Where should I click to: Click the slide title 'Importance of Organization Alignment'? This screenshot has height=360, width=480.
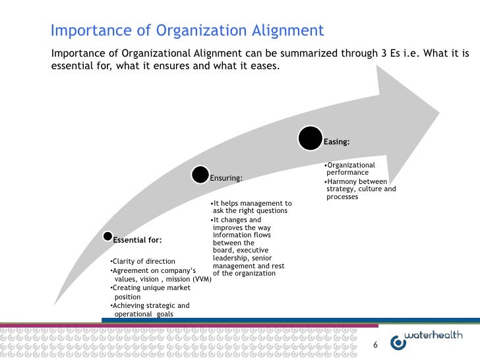[187, 31]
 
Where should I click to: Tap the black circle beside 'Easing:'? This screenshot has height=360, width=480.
[311, 138]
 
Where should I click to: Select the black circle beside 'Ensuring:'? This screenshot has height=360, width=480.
[200, 175]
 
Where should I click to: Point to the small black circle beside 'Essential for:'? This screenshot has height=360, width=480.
[106, 236]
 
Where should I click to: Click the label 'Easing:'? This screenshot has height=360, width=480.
[336, 142]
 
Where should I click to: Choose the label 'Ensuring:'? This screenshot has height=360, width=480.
[225, 178]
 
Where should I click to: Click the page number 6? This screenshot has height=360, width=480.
[376, 344]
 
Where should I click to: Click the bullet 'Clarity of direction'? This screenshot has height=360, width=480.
[142, 262]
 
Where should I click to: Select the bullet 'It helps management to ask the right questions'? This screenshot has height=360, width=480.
[250, 206]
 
